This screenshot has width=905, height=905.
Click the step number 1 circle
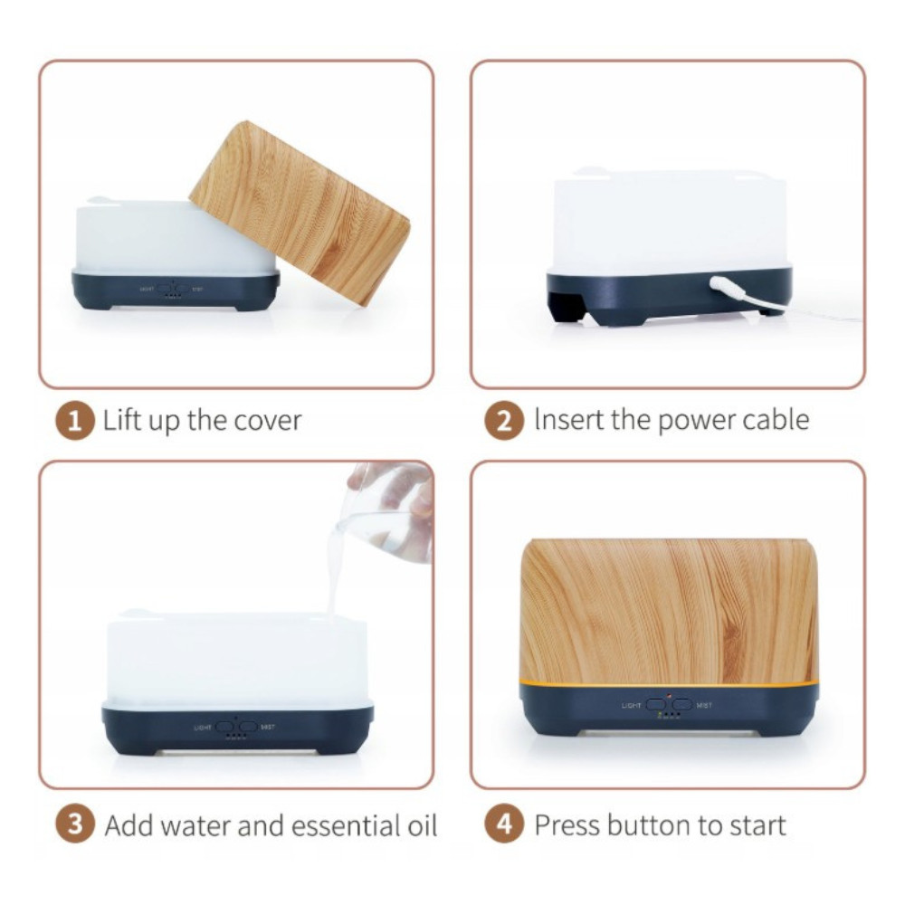coord(74,421)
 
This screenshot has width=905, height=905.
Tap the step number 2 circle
coord(504,421)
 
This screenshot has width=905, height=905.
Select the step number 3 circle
coord(74,824)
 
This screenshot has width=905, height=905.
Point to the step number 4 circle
coord(504,824)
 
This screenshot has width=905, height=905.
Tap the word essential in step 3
coord(345,825)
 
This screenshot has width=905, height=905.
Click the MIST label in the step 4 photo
coord(704,705)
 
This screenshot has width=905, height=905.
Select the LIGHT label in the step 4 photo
coord(632,705)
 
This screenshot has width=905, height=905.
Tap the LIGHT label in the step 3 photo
coord(203,728)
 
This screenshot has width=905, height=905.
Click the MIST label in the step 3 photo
coord(268,728)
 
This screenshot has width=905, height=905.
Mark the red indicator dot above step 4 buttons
coord(669,696)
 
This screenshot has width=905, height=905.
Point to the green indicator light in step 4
coord(661,715)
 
